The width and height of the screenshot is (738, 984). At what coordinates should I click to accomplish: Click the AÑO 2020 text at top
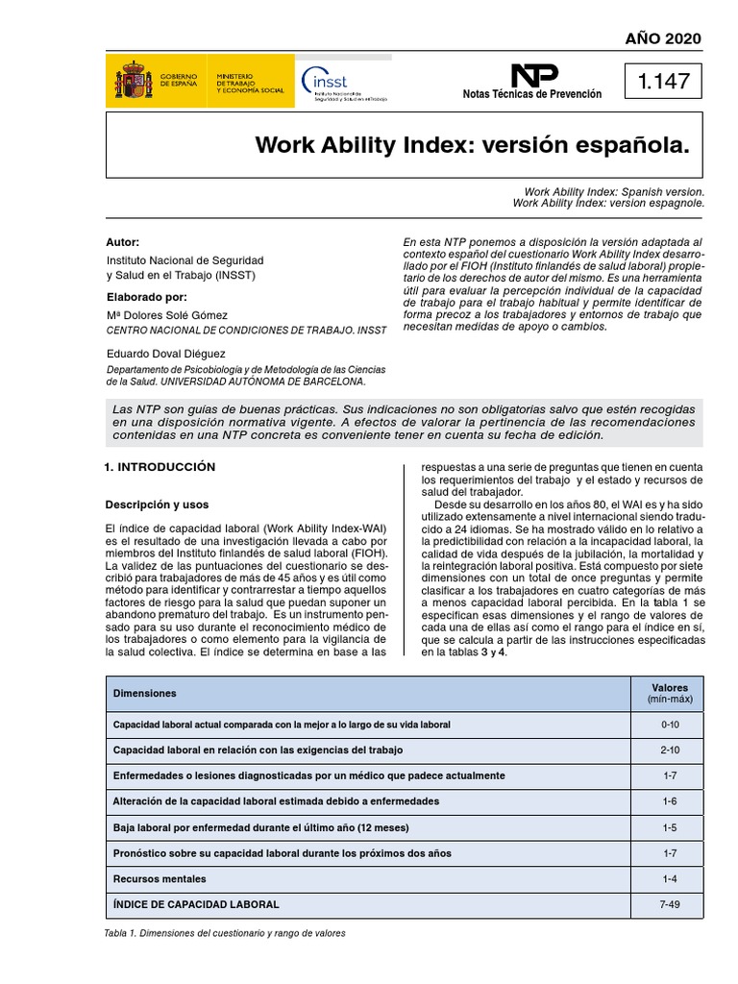point(663,38)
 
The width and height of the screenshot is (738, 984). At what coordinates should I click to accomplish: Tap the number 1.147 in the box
point(663,82)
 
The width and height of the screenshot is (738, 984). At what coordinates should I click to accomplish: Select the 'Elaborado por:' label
point(146,297)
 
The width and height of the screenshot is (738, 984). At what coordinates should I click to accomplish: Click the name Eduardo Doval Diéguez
point(164,354)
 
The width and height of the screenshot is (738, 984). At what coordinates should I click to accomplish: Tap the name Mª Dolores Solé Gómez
point(167,315)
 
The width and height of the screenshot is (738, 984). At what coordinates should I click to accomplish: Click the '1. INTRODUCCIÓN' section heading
point(160,467)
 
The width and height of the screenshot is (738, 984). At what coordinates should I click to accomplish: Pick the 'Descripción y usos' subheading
point(156,504)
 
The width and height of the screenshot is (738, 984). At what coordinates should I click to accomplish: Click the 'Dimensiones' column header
point(144,693)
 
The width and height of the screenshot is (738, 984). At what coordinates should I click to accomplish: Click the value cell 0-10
point(669,724)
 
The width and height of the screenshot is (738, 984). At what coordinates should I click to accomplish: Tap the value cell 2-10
point(669,750)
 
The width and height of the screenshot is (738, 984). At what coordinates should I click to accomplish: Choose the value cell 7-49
point(669,904)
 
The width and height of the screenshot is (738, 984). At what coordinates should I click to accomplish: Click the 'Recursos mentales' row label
point(160,878)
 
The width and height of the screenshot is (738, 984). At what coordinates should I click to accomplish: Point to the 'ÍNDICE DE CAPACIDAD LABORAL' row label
point(196,904)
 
